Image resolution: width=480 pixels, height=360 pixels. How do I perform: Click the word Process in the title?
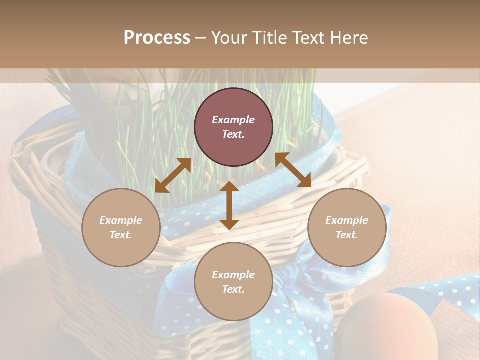click(x=157, y=38)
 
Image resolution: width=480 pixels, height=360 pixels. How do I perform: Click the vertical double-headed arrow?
click(x=229, y=205)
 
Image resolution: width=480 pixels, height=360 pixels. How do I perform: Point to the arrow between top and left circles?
click(x=173, y=175)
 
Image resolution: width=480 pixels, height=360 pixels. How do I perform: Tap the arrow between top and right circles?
click(x=293, y=170)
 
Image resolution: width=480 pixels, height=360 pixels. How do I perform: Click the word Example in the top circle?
click(x=233, y=120)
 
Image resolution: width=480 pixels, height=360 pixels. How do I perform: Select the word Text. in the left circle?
click(x=121, y=235)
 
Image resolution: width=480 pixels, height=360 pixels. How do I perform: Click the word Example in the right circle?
click(x=347, y=220)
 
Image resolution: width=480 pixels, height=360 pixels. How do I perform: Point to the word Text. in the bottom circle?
click(x=233, y=289)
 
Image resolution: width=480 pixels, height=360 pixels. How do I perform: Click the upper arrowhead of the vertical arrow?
click(x=229, y=187)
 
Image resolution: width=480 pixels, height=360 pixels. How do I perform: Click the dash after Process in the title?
click(x=201, y=38)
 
